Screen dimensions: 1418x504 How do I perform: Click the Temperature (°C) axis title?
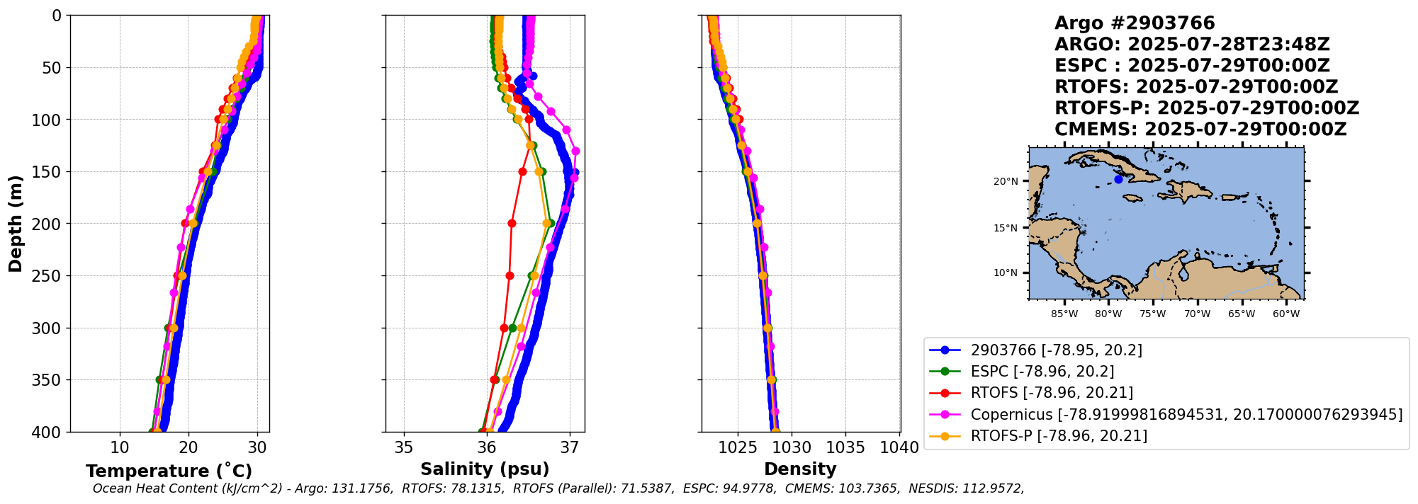(x=169, y=471)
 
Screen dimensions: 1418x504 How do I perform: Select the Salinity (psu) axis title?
(x=485, y=469)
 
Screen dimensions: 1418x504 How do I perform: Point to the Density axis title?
(x=800, y=469)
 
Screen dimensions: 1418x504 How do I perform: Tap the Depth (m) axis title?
(x=15, y=223)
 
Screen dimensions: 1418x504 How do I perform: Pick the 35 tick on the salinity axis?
(x=404, y=448)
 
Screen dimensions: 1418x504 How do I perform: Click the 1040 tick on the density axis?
(x=899, y=448)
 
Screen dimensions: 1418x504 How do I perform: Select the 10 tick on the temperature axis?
(x=120, y=448)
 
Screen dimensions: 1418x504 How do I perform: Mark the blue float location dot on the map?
(x=1118, y=179)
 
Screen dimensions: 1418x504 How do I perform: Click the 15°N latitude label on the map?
(x=1006, y=228)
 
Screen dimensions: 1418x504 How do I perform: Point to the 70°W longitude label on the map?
(x=1197, y=314)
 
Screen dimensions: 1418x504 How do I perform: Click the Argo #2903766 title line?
(x=1135, y=23)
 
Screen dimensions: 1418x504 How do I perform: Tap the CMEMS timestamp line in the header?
(x=1200, y=130)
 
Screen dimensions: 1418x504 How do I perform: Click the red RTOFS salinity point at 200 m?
(x=512, y=223)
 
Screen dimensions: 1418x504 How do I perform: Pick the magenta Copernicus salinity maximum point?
(x=575, y=151)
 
